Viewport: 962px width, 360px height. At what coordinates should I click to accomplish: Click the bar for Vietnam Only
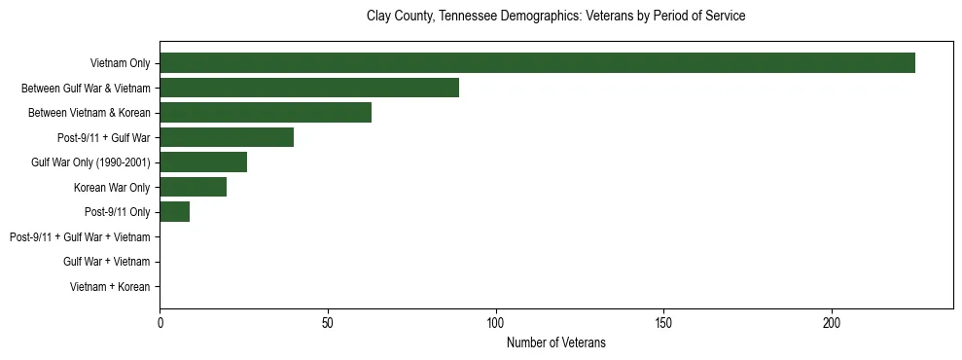tap(537, 63)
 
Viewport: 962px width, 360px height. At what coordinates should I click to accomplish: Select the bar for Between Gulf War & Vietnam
tap(309, 89)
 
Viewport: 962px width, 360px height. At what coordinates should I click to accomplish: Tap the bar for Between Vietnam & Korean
tap(266, 113)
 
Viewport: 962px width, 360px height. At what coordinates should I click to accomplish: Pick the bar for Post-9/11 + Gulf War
tap(227, 137)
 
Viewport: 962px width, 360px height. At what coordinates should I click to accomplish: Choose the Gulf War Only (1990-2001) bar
tap(203, 162)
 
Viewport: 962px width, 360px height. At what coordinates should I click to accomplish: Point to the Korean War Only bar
tap(193, 187)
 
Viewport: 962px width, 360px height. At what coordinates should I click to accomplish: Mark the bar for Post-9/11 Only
tap(174, 212)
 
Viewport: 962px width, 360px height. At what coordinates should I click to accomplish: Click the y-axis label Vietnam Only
tap(120, 63)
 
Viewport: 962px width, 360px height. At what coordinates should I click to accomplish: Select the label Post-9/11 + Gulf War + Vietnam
tap(80, 237)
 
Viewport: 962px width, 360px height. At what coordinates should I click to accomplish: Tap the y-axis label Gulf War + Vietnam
tap(106, 262)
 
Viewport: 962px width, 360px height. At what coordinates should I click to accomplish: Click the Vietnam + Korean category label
tap(110, 287)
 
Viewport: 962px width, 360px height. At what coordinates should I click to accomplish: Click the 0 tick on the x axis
tap(160, 323)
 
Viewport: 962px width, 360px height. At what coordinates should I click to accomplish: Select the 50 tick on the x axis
tap(328, 323)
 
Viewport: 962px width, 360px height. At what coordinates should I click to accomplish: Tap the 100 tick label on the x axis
tap(496, 323)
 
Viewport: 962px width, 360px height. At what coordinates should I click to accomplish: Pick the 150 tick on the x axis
tap(664, 323)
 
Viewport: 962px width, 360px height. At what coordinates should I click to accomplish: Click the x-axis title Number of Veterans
tap(555, 342)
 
